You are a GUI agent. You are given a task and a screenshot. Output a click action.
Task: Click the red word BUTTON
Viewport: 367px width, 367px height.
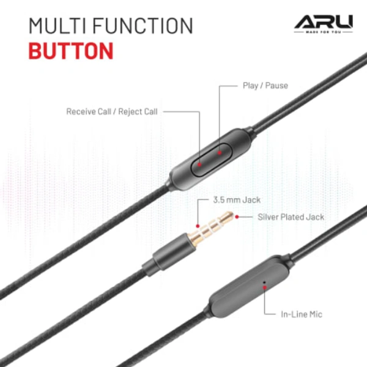coord(70,50)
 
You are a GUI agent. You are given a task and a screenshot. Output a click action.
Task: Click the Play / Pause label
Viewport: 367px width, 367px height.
coord(265,86)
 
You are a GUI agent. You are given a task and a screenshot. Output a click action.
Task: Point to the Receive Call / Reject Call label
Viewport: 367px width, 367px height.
coord(112,112)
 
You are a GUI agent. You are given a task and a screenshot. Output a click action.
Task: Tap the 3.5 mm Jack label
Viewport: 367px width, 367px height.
coord(237,199)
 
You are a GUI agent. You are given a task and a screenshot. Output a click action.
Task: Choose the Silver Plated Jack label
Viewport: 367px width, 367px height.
coord(291,217)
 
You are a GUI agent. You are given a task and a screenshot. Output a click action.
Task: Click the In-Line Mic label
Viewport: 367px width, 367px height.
coord(302,314)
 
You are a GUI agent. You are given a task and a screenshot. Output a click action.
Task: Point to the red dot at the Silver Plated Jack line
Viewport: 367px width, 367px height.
coord(236,216)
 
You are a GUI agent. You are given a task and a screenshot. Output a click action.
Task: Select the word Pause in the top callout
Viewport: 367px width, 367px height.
coord(276,86)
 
